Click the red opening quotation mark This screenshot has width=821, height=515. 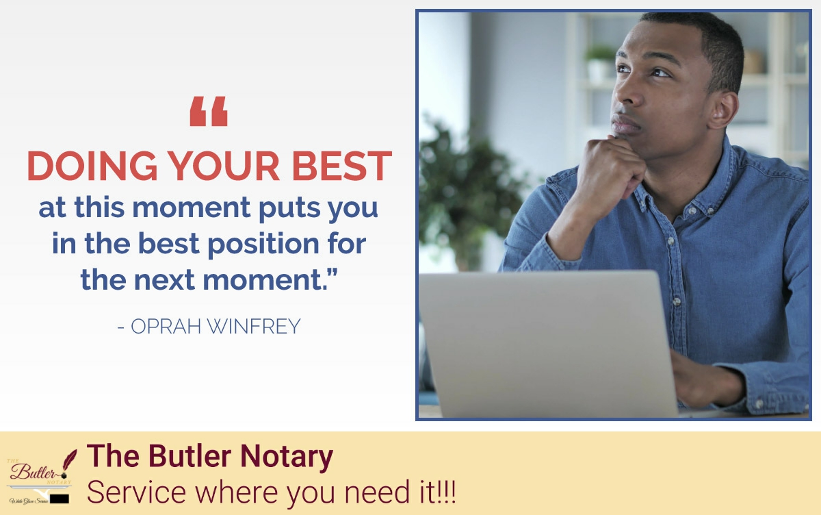tap(209, 112)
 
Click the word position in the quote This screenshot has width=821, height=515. tap(267, 243)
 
